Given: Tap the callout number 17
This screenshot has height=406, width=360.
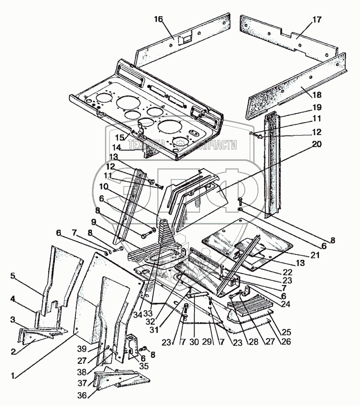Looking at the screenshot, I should [x=317, y=20].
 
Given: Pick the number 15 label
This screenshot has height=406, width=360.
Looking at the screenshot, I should [x=119, y=138].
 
